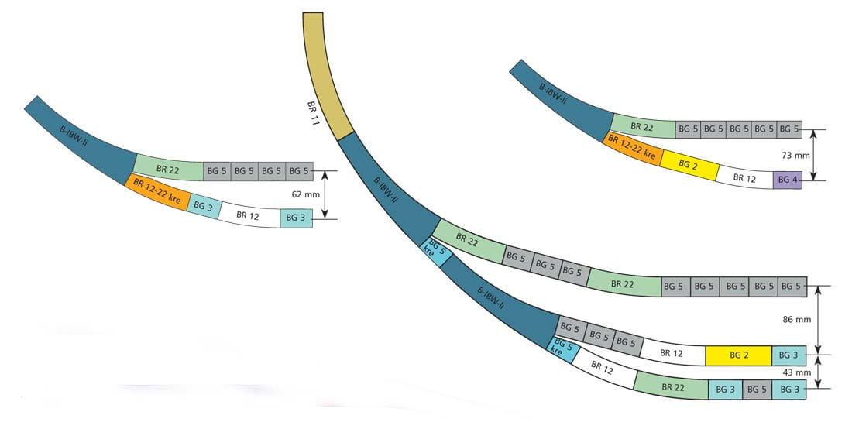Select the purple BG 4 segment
click(x=788, y=180)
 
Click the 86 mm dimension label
click(x=796, y=320)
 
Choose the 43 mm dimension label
click(x=796, y=372)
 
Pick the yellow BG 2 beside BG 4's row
click(x=688, y=165)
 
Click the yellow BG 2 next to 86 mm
click(x=738, y=355)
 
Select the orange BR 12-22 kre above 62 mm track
click(x=157, y=190)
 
